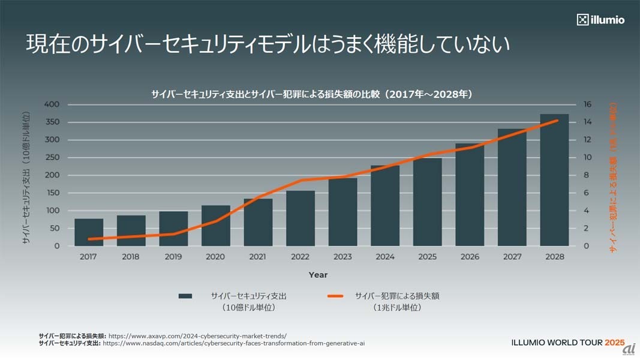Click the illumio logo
click(x=600, y=20)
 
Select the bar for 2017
click(x=88, y=232)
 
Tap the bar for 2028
click(x=554, y=180)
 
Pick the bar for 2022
click(x=301, y=218)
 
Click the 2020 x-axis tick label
click(x=215, y=257)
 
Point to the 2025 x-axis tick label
click(x=427, y=257)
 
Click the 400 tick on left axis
click(x=52, y=104)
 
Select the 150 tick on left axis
click(x=52, y=193)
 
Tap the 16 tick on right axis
click(x=588, y=104)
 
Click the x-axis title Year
click(x=318, y=275)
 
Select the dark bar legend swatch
click(x=185, y=296)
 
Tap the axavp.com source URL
click(x=197, y=336)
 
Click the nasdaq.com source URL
click(x=234, y=344)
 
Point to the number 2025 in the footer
click(x=615, y=343)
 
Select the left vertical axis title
click(x=26, y=177)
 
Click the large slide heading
click(x=268, y=44)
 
